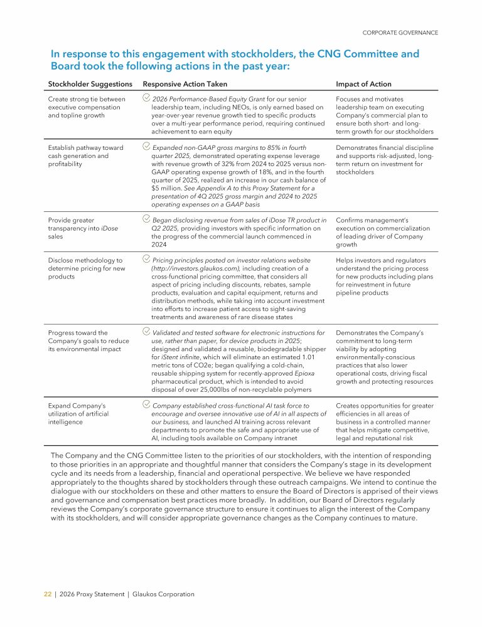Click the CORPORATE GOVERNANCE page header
click(400, 33)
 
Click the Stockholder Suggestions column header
click(90, 84)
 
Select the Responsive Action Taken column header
click(185, 84)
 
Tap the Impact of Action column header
click(363, 84)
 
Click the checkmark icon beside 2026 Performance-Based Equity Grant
click(146, 98)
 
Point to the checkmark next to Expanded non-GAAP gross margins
click(146, 147)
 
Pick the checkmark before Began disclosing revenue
click(146, 219)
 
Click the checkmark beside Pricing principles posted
click(146, 259)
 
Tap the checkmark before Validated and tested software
click(146, 332)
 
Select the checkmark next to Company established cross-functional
click(146, 405)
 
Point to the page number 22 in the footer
click(47, 594)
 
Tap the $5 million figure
click(164, 188)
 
